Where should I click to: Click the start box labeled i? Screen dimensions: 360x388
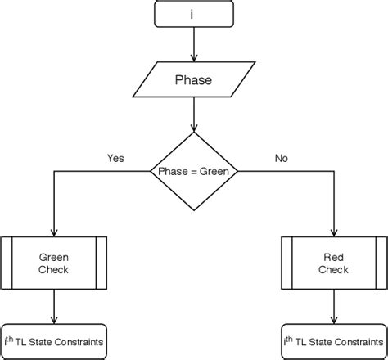click(x=193, y=15)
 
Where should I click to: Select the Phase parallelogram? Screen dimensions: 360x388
click(x=193, y=80)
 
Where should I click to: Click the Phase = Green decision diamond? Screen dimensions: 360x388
click(x=194, y=171)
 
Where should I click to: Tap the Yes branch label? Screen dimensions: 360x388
click(x=115, y=158)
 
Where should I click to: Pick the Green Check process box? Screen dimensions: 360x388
click(x=54, y=263)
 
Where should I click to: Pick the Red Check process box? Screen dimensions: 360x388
click(x=333, y=263)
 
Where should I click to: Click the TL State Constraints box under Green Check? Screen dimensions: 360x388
click(x=54, y=341)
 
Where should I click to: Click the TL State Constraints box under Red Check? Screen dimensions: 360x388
click(x=333, y=341)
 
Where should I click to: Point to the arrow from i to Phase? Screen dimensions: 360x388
click(x=193, y=44)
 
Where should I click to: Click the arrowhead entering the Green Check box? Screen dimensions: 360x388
click(x=54, y=232)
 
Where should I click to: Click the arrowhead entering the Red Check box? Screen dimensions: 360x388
click(x=333, y=232)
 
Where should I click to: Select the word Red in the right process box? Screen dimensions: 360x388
click(x=333, y=256)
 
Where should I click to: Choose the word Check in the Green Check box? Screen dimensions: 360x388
click(x=54, y=269)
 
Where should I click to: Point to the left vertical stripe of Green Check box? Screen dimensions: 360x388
click(x=7, y=263)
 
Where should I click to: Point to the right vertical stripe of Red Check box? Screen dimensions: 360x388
click(x=381, y=263)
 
